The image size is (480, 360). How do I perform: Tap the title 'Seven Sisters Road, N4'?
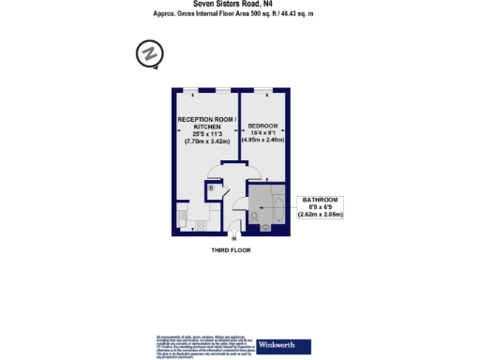pos(239,4)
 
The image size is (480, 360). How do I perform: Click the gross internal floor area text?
pos(239,13)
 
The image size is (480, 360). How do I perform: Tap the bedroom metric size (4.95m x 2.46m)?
pos(264,140)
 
